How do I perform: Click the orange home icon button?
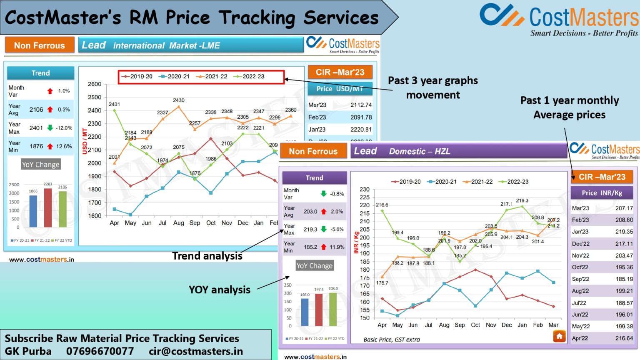(x=559, y=336)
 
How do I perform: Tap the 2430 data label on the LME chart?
(x=178, y=100)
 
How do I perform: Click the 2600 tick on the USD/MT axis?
(x=95, y=84)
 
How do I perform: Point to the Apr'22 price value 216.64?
(x=624, y=338)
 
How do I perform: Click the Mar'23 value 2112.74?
(x=361, y=105)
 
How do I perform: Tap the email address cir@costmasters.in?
(x=195, y=351)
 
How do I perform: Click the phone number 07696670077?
(x=100, y=351)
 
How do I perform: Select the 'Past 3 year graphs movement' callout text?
(x=433, y=87)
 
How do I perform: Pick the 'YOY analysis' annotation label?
(x=220, y=290)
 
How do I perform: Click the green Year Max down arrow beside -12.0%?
(x=50, y=128)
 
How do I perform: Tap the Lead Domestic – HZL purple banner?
(x=458, y=151)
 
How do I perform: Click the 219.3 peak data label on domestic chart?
(x=522, y=200)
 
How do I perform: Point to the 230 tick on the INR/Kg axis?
(x=365, y=189)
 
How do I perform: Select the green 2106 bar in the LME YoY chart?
(x=62, y=209)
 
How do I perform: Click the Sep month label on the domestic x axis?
(x=460, y=325)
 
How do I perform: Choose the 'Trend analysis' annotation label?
(x=207, y=256)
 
